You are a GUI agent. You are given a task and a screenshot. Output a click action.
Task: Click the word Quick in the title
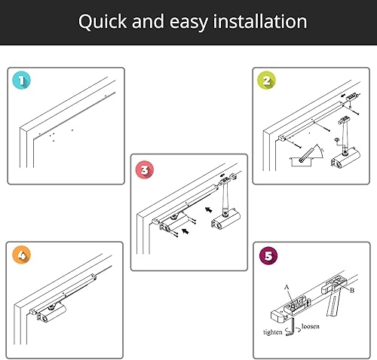(103, 22)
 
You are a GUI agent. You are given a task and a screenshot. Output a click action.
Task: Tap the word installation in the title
(260, 21)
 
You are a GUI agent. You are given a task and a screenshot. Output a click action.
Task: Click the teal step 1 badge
(21, 81)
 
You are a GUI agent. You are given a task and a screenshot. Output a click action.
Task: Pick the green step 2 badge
(266, 81)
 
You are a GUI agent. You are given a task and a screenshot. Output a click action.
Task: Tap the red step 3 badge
(145, 170)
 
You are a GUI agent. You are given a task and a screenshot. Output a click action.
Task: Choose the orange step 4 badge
(22, 255)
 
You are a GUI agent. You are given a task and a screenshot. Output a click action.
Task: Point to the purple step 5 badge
(268, 256)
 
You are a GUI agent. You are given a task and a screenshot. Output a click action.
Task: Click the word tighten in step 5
(273, 332)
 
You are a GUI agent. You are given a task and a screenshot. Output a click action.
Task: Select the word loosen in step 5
(311, 326)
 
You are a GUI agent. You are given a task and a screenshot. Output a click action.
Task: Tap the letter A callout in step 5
(287, 287)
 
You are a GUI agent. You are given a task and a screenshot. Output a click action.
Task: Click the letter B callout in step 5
(352, 291)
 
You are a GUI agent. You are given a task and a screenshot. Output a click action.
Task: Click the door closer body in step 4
(52, 313)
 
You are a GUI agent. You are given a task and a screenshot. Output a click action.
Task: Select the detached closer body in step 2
(345, 158)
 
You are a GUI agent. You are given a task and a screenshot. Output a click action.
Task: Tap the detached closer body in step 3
(225, 220)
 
